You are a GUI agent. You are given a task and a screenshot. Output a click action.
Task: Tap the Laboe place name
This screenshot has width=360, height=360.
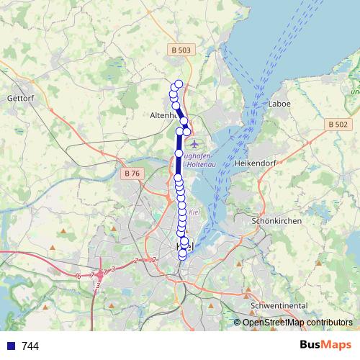pyautogui.click(x=279, y=104)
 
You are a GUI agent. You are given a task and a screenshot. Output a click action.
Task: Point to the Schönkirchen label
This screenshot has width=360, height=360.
pyautogui.click(x=277, y=221)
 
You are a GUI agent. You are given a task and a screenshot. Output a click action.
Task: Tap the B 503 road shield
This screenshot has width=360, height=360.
pyautogui.click(x=182, y=50)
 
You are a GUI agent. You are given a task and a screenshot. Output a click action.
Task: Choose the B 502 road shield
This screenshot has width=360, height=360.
pyautogui.click(x=338, y=125)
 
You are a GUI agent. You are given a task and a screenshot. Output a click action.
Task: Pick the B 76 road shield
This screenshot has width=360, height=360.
pyautogui.click(x=131, y=174)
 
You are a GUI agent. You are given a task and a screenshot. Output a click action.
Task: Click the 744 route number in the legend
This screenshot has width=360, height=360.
pyautogui.click(x=30, y=346)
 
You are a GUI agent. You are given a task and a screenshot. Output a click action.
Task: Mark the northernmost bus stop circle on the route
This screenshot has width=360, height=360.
pyautogui.click(x=179, y=84)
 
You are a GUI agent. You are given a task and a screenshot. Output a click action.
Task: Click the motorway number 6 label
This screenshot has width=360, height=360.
pyautogui.click(x=78, y=276)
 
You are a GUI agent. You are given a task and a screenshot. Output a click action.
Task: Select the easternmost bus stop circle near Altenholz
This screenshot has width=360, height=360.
pyautogui.click(x=187, y=131)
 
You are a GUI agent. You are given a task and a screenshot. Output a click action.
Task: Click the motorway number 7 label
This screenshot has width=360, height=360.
pyautogui.click(x=92, y=275)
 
